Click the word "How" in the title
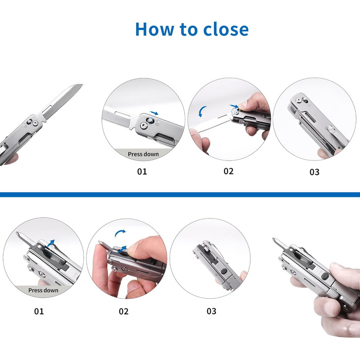tap(155, 29)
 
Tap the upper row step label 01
tap(142, 171)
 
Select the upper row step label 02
tap(228, 171)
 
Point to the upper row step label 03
tap(314, 172)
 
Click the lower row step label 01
tap(39, 311)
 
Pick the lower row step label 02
tap(123, 311)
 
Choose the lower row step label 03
tap(211, 311)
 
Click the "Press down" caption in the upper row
tap(143, 154)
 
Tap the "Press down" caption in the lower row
tap(43, 290)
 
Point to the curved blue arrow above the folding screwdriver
tap(119, 232)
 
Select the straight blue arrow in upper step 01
tap(154, 113)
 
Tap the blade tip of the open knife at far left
tap(82, 84)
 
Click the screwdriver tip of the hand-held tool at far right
tap(274, 239)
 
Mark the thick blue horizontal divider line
tap(180, 195)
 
